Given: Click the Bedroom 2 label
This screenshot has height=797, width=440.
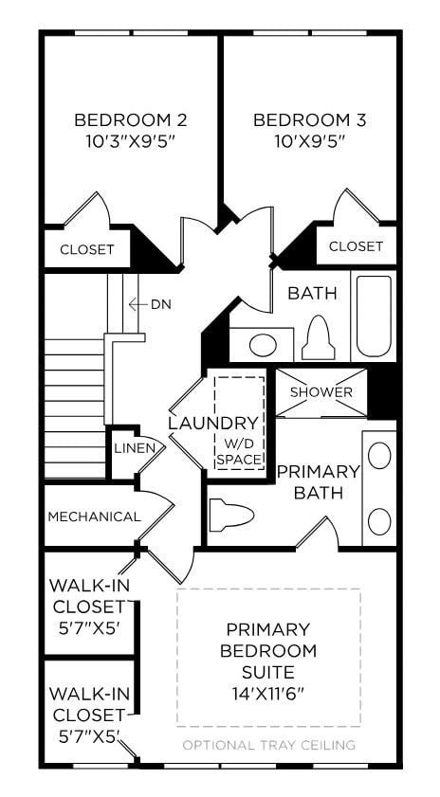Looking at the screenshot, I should coord(130,120).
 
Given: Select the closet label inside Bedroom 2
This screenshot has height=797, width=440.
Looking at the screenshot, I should coord(87,250).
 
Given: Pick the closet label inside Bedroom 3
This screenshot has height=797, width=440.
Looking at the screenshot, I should coord(356,246).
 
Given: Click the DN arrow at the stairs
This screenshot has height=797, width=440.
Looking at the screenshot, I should coord(142,304).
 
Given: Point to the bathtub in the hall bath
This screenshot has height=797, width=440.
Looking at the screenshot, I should coord(373,317).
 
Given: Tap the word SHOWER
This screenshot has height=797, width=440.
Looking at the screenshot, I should coord(321,392).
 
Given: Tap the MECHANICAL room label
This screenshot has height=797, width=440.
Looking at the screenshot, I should coord(94,516).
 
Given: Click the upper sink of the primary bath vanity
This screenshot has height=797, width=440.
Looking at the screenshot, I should coord(379,456).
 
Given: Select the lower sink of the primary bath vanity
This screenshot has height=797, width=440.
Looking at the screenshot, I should coord(379,520).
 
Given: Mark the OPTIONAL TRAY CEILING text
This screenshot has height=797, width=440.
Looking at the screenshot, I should coord(268,745).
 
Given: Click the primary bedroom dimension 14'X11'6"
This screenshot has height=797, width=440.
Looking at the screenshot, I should coord(267,692).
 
